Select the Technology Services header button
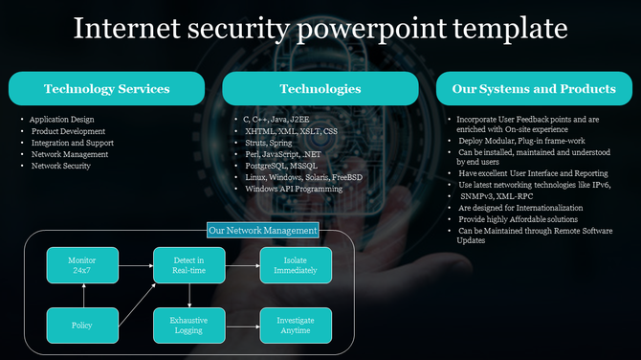(x=106, y=89)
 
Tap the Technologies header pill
(x=320, y=89)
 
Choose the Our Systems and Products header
(x=533, y=89)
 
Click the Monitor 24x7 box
(x=81, y=263)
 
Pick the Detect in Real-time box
(x=188, y=263)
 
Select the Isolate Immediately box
(x=296, y=263)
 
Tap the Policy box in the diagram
(x=81, y=326)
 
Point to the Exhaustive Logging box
(x=188, y=326)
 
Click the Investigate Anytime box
(x=296, y=326)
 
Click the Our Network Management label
(x=262, y=231)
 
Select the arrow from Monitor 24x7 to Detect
(x=135, y=263)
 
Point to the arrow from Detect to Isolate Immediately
(x=242, y=263)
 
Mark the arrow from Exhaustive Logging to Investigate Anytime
(x=242, y=326)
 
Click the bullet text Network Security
(x=61, y=166)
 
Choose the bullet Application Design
(x=63, y=120)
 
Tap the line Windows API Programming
(x=294, y=189)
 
